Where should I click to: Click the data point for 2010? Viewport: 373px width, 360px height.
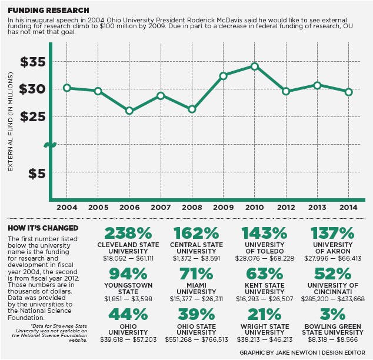pos(254,66)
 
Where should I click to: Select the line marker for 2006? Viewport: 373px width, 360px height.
pos(129,111)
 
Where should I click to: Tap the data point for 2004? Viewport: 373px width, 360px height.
pos(67,88)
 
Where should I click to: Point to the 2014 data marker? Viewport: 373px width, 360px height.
pos(348,92)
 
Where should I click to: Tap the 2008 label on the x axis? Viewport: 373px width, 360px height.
pos(192,208)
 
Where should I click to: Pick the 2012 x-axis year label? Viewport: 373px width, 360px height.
pos(286,208)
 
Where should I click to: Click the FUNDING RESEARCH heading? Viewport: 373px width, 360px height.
pos(49,11)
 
